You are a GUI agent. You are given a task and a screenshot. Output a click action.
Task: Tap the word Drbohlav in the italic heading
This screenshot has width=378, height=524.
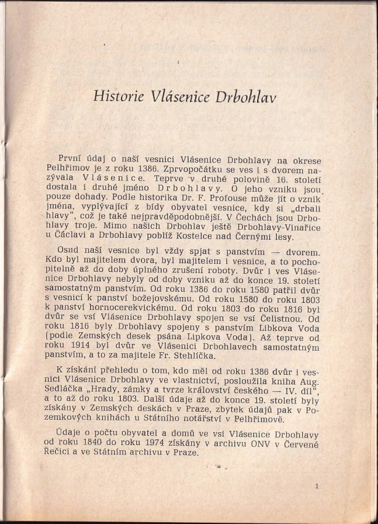click(x=242, y=97)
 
